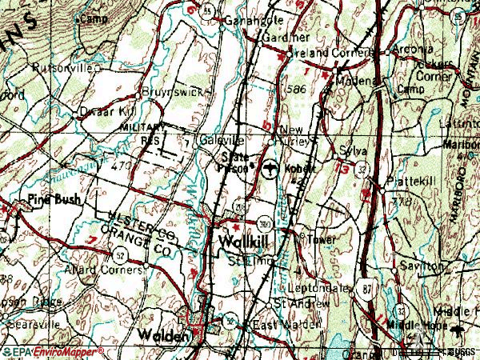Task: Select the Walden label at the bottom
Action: click(x=163, y=334)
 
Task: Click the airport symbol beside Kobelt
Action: click(x=271, y=169)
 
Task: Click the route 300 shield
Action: click(x=264, y=222)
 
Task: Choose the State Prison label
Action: click(x=235, y=161)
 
